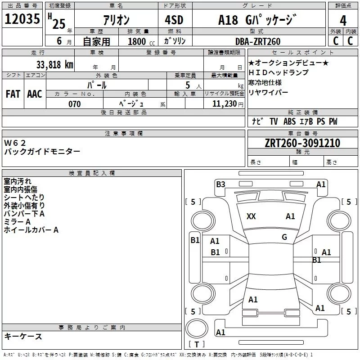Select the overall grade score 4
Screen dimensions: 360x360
pyautogui.click(x=343, y=20)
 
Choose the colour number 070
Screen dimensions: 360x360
pyautogui.click(x=74, y=104)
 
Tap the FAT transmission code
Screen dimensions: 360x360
pyautogui.click(x=13, y=94)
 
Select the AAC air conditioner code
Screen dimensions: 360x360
pyautogui.click(x=35, y=94)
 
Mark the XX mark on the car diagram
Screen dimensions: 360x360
pyautogui.click(x=251, y=216)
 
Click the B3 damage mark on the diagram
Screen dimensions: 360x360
pyautogui.click(x=220, y=184)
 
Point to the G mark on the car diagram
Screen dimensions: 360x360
pyautogui.click(x=284, y=237)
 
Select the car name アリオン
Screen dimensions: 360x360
pyautogui.click(x=117, y=20)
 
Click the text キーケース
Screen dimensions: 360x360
pyautogui.click(x=23, y=336)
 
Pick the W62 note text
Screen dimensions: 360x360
pyautogui.click(x=15, y=143)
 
